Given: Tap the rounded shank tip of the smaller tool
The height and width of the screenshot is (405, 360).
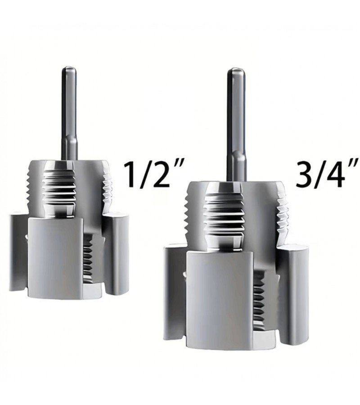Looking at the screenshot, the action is (69, 69).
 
